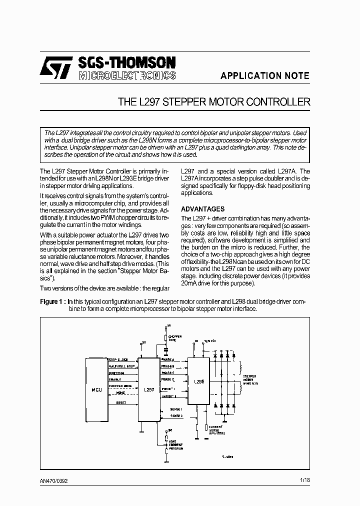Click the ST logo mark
click(56, 67)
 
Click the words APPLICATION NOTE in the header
click(265, 76)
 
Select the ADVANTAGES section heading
click(202, 209)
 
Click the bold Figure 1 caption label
click(52, 301)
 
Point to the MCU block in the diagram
click(97, 389)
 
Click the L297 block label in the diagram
click(148, 389)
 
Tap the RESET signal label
click(121, 402)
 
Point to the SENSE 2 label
click(176, 415)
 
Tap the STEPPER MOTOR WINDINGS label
click(250, 380)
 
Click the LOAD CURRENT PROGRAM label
click(175, 444)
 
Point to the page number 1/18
click(304, 480)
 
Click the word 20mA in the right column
click(190, 283)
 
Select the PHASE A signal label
click(168, 359)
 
